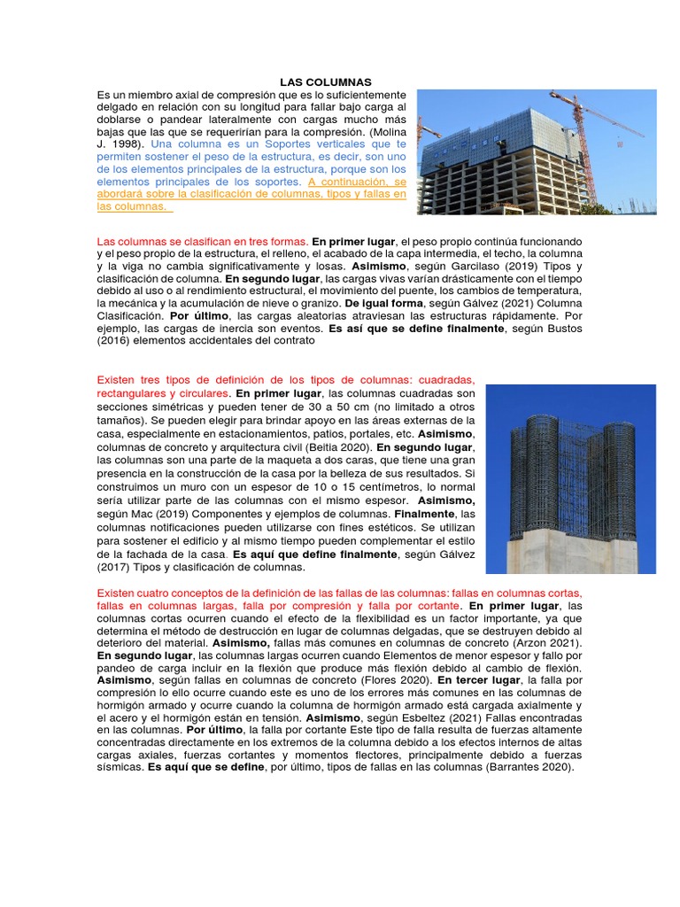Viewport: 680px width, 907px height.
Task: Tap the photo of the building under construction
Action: click(x=537, y=151)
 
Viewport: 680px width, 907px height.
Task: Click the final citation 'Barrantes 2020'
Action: click(x=529, y=767)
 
